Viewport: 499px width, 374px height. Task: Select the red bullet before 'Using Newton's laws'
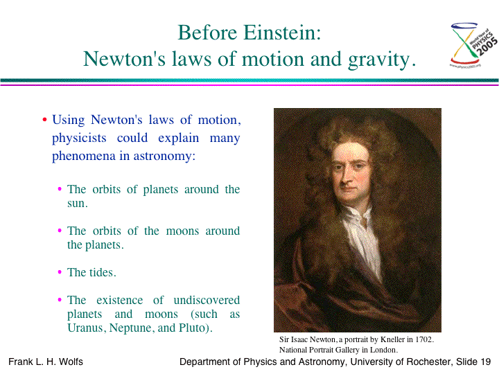pyautogui.click(x=44, y=120)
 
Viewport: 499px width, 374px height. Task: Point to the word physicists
pyautogui.click(x=79, y=139)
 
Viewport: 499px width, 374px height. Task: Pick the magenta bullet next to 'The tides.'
pyautogui.click(x=60, y=272)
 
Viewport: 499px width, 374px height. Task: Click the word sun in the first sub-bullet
pyautogui.click(x=76, y=204)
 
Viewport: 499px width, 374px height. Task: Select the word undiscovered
pyautogui.click(x=207, y=300)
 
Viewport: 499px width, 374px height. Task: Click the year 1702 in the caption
pyautogui.click(x=423, y=339)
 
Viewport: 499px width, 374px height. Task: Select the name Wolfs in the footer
pyautogui.click(x=71, y=362)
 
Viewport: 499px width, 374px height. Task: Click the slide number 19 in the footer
pyautogui.click(x=486, y=362)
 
